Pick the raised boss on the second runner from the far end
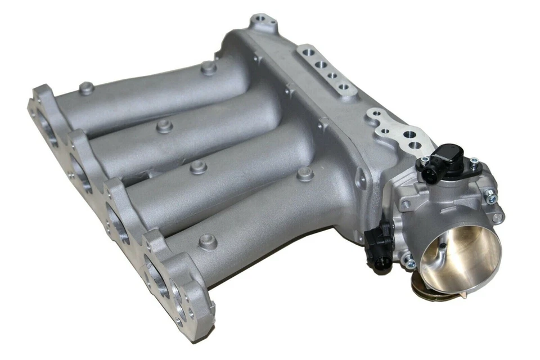(x=164, y=125)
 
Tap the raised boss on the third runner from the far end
(x=198, y=166)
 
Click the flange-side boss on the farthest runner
(x=86, y=88)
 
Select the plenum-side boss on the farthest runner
(x=209, y=69)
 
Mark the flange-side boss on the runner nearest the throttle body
(x=208, y=242)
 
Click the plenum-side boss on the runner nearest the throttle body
(x=305, y=174)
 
